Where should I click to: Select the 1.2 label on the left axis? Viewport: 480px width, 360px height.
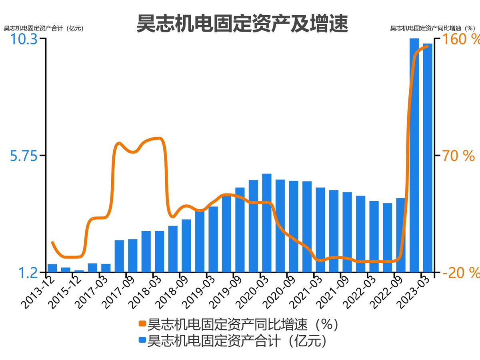(28, 273)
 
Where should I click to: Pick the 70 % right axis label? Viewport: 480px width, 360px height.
(458, 156)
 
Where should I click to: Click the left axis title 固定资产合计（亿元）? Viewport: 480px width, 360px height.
(44, 28)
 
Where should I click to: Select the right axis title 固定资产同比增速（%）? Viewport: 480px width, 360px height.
(432, 28)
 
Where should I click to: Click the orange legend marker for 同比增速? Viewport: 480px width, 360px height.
(142, 324)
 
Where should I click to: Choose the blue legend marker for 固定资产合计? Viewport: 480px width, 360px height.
(142, 341)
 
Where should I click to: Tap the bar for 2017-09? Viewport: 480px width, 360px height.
(133, 256)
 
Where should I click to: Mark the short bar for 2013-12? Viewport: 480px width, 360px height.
(52, 268)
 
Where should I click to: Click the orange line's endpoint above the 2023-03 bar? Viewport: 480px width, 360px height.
(428, 46)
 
